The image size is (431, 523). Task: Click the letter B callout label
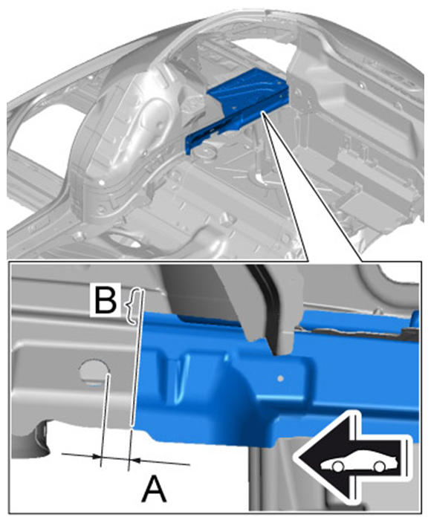click(106, 299)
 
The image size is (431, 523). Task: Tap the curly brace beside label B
click(131, 306)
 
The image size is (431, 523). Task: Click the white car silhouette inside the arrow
click(359, 463)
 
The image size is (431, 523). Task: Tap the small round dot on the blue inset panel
click(281, 378)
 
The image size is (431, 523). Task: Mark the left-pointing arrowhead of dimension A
click(96, 456)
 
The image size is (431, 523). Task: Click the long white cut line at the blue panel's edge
click(137, 359)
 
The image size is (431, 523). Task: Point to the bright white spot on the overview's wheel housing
click(101, 183)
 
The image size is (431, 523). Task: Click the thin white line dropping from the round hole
click(104, 420)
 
